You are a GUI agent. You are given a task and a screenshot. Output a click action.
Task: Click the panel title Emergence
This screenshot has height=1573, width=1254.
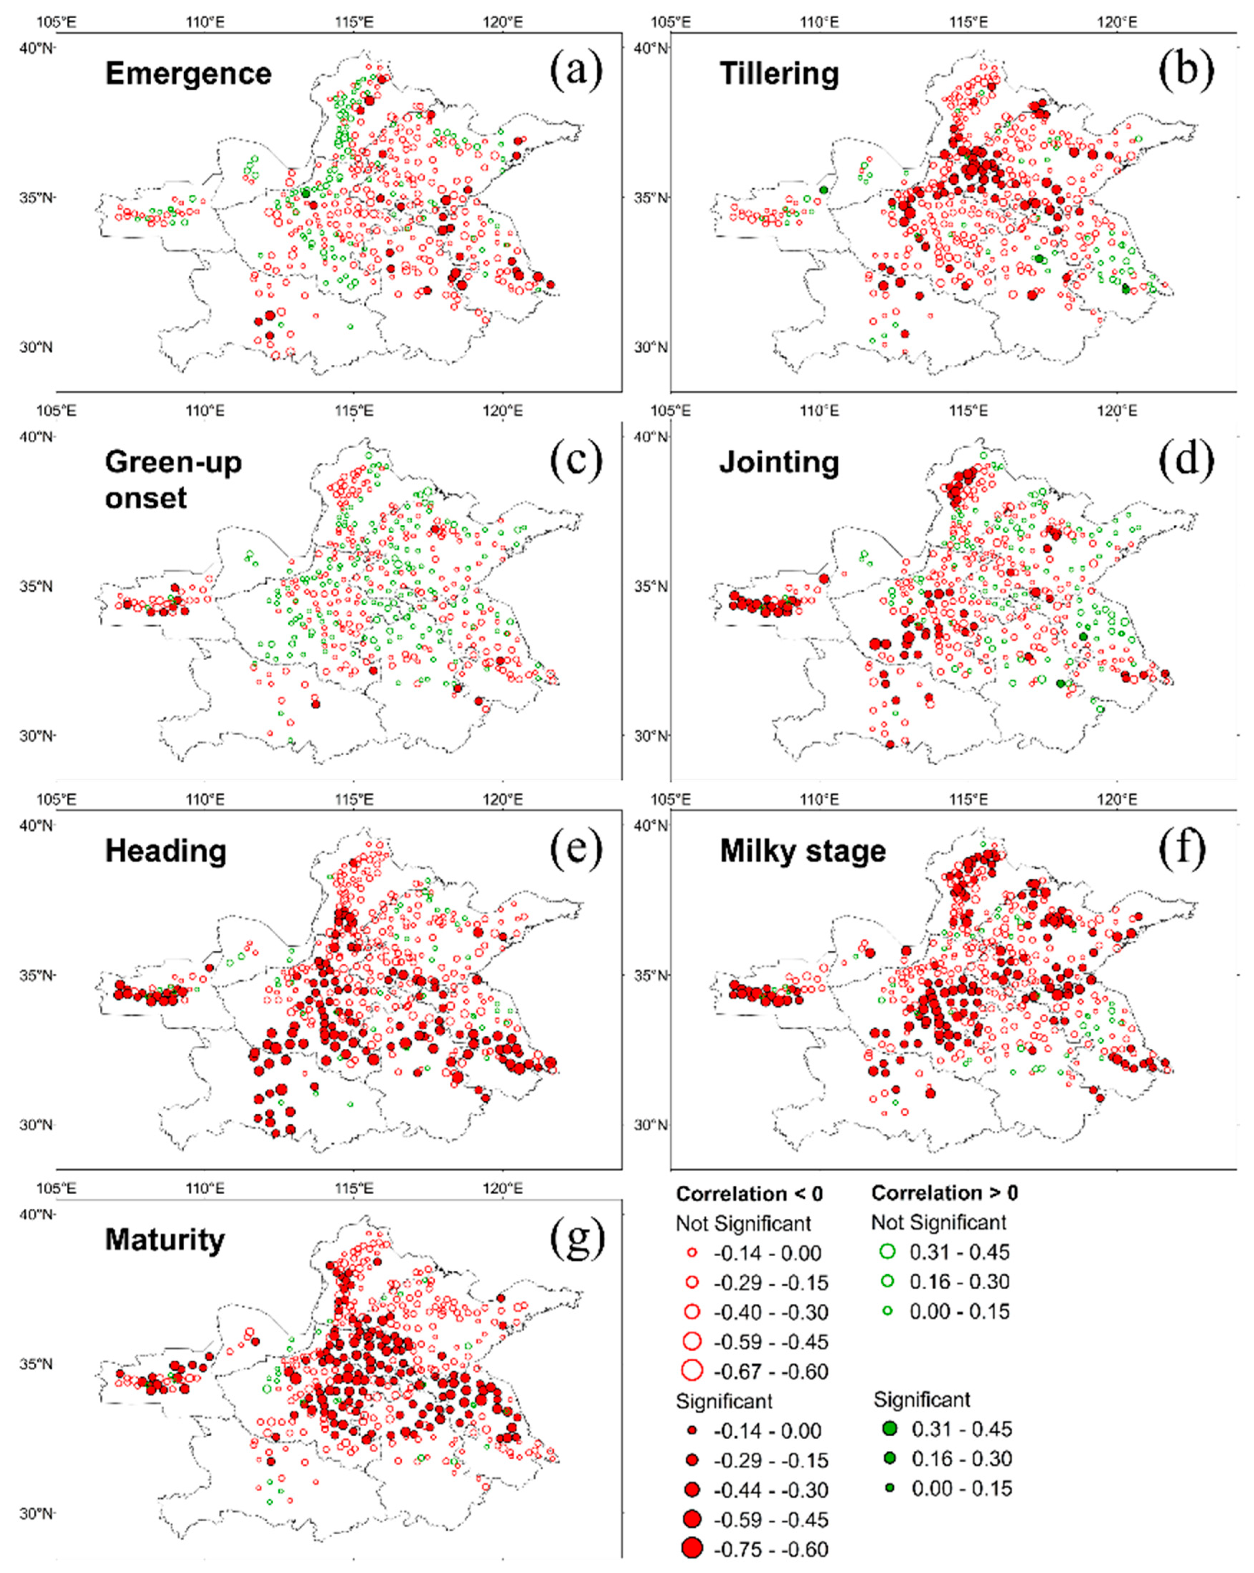click(188, 74)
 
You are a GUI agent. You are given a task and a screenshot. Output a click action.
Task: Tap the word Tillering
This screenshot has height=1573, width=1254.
click(779, 74)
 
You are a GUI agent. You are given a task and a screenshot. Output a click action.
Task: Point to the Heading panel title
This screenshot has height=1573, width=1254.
click(166, 851)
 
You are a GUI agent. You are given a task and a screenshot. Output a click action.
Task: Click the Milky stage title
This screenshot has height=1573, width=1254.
click(803, 851)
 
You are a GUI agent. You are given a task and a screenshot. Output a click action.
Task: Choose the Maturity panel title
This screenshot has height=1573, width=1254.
click(165, 1239)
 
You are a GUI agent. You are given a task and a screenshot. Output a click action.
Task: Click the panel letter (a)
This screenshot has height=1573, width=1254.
click(576, 71)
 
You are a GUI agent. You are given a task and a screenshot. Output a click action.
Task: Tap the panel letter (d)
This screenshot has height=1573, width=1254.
click(1186, 460)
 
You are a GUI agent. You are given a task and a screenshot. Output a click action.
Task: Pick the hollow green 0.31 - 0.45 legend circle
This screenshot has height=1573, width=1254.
click(887, 1252)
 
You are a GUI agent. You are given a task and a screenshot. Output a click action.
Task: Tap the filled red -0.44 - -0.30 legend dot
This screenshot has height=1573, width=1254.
click(692, 1489)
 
